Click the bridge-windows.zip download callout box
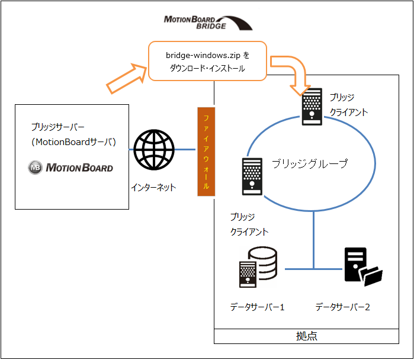coord(207,61)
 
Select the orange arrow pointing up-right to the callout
coord(127,81)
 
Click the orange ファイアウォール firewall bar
coord(206,152)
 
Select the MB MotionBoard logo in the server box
coord(70,168)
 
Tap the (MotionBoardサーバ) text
coord(73,142)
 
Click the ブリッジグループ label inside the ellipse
coord(310,163)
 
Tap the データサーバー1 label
coord(258,307)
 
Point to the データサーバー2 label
coord(343,307)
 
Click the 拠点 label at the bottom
coord(306,336)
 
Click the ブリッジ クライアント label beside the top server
coord(349,104)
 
